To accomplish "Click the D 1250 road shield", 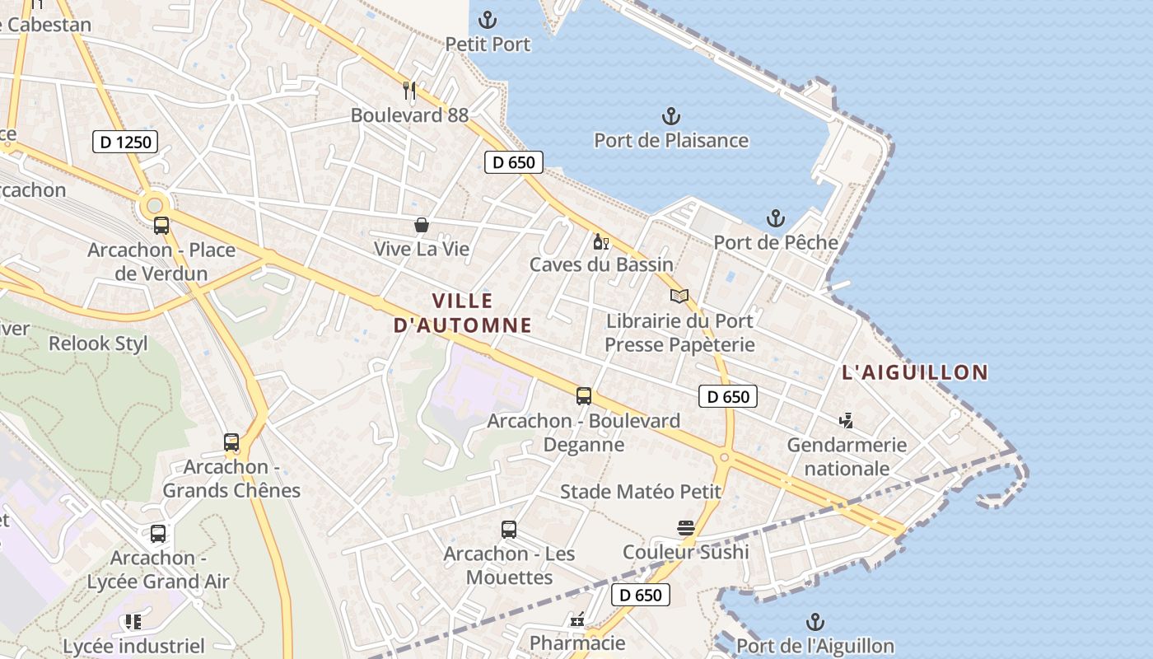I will [x=126, y=142].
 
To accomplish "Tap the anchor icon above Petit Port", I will [x=488, y=19].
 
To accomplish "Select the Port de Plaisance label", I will [x=671, y=140].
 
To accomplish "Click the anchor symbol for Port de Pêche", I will [x=775, y=218].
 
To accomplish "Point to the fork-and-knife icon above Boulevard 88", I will [x=409, y=90].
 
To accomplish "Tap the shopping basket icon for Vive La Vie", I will [x=422, y=225].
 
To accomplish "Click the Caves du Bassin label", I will [x=601, y=264].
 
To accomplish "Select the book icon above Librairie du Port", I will [x=679, y=296].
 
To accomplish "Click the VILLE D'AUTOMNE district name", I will [x=462, y=313].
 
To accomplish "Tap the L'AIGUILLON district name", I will [x=914, y=372].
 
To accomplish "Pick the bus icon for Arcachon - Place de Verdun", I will [x=161, y=226].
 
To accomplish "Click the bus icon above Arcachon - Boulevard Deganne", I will [x=584, y=396].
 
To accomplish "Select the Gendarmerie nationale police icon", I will [x=846, y=421].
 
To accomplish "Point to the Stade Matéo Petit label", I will [x=641, y=492].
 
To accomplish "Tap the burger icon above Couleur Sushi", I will [x=686, y=528].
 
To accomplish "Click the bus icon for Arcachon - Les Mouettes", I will [x=509, y=530].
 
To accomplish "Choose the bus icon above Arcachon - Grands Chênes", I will [x=231, y=442].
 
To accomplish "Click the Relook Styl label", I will [x=98, y=344].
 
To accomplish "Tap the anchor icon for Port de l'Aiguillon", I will [x=815, y=622].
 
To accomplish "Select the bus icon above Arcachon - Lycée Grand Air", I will [x=158, y=534].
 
